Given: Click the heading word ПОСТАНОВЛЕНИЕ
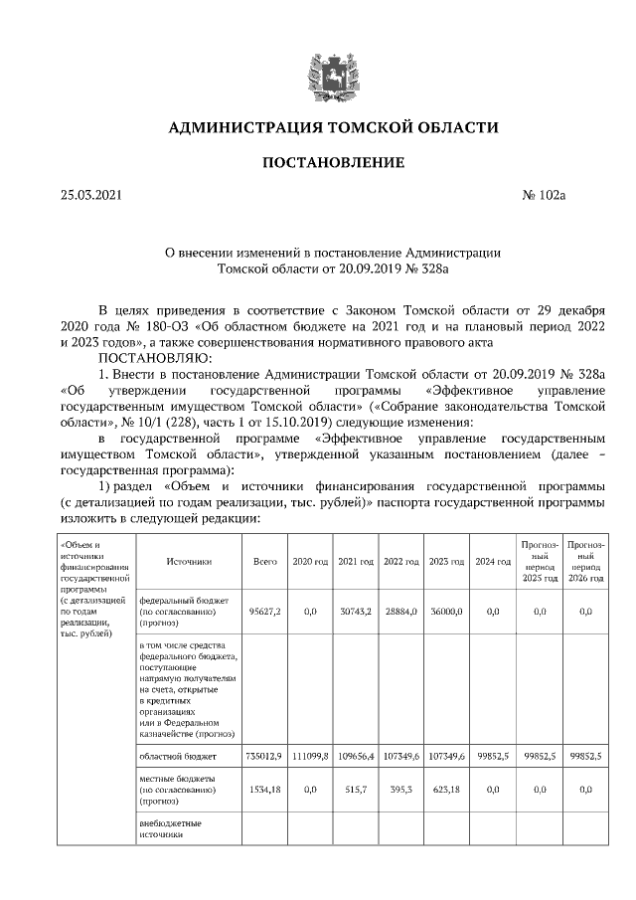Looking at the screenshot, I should coord(333,162).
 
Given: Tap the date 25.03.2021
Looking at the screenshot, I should coord(90,196).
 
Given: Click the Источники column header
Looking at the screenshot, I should coord(188,562).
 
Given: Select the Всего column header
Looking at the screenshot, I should coord(265,562).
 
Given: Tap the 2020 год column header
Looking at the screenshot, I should coord(311,562).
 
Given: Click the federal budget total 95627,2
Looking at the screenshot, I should coord(265,613).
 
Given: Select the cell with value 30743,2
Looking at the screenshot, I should coord(356,613).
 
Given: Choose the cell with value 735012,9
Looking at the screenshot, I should coord(265,757).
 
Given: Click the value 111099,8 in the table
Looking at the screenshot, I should coord(311,757).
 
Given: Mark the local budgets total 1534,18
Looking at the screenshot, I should coord(265,789).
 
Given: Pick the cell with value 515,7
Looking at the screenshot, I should coord(356,789).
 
